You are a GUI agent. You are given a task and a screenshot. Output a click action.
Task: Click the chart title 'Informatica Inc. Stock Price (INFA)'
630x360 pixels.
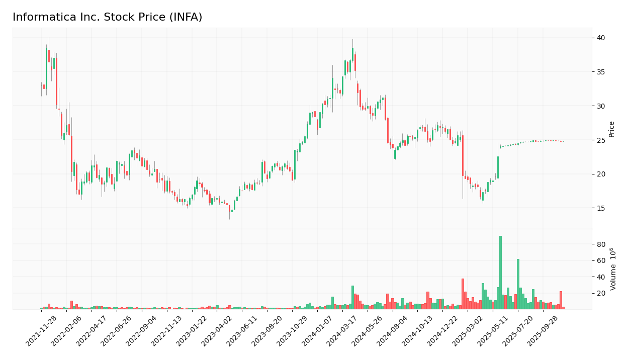[107, 18]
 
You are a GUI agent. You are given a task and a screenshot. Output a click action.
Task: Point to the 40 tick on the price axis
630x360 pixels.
[601, 38]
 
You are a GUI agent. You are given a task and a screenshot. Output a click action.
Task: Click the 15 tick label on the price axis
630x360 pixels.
[601, 208]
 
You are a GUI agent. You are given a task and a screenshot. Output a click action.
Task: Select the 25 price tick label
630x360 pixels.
[601, 140]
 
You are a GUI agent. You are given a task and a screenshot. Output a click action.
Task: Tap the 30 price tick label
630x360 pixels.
[601, 106]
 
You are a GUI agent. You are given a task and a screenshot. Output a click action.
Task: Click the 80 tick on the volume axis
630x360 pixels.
[601, 244]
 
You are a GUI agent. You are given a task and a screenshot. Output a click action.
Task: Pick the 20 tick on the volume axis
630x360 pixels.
[601, 293]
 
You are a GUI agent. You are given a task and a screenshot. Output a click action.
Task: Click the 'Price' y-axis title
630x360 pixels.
[612, 129]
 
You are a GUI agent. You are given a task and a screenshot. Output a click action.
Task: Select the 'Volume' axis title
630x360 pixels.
[613, 269]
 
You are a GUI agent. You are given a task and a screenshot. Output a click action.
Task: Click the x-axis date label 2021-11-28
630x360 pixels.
[41, 331]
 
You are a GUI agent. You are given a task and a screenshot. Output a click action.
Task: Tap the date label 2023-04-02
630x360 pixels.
[217, 331]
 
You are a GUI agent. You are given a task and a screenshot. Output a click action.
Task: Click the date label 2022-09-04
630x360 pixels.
[142, 331]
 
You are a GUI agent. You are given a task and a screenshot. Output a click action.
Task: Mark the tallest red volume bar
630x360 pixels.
[463, 294]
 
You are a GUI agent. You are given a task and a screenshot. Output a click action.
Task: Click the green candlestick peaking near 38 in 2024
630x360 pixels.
[352, 54]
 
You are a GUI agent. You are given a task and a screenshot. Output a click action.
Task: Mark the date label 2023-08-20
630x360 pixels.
[267, 331]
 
